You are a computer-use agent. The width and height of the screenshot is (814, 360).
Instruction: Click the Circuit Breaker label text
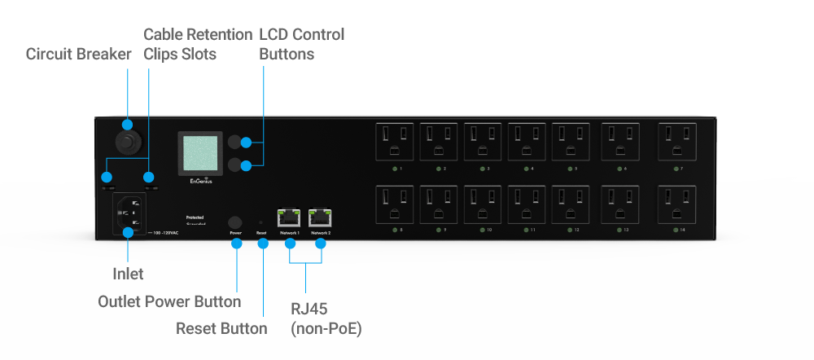click(78, 55)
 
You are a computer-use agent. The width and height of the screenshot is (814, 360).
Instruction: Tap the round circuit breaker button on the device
click(128, 144)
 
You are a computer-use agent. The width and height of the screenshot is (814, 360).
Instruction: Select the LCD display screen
click(201, 152)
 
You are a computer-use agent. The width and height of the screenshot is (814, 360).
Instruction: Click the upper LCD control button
click(237, 143)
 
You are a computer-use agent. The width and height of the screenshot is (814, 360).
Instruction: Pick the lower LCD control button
click(237, 166)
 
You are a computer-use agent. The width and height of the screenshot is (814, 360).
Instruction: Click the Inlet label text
click(128, 274)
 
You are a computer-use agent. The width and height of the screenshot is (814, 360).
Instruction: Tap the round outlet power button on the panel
click(236, 222)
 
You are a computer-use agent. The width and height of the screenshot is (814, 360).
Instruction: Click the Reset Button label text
click(221, 328)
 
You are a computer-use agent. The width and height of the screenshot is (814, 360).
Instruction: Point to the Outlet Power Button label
click(169, 301)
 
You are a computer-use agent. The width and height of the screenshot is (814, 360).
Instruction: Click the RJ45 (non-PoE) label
click(326, 319)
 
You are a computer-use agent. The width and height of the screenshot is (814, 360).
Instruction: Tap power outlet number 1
click(394, 142)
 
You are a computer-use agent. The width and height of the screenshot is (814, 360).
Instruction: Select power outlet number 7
click(677, 142)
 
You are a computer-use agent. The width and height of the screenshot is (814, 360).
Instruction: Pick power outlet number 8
click(394, 204)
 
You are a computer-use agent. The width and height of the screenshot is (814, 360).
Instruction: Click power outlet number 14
click(677, 204)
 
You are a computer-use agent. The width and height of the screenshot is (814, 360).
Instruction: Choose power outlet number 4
click(527, 142)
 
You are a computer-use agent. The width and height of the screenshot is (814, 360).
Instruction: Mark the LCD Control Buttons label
click(301, 44)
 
